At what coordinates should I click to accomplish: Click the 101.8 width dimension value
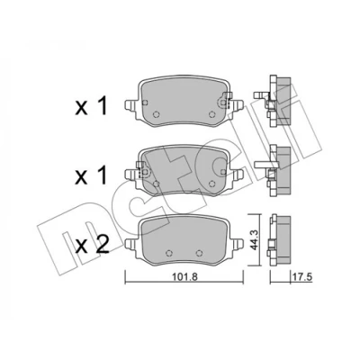(x=184, y=276)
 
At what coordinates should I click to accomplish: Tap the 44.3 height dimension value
(x=255, y=239)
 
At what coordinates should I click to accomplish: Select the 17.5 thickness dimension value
(x=302, y=276)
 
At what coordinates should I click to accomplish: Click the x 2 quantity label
(x=92, y=246)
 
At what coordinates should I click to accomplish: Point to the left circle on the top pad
(x=156, y=114)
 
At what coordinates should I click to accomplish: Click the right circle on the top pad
(x=211, y=114)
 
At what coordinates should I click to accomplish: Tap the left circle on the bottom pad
(x=169, y=253)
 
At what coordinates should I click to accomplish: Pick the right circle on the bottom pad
(x=198, y=253)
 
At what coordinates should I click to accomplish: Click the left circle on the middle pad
(x=156, y=184)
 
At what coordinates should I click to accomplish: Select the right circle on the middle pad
(x=211, y=184)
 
